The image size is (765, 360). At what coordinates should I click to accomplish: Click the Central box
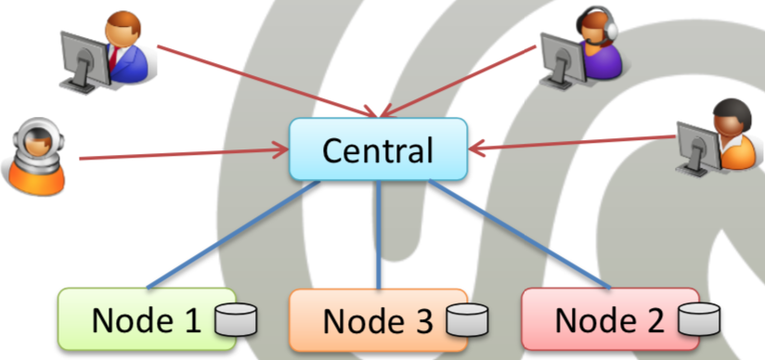379,149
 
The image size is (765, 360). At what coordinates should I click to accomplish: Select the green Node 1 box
147,319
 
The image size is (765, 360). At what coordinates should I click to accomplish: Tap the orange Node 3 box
379,320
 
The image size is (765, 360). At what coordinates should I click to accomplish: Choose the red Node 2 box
610,319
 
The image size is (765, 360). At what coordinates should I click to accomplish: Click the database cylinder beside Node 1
236,319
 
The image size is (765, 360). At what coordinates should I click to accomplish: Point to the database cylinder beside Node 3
467,320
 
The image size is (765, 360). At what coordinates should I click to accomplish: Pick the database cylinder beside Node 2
699,319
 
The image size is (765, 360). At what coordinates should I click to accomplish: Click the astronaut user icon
35,156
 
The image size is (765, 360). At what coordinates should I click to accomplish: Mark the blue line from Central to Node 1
233,235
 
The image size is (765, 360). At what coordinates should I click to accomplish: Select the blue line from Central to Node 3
379,235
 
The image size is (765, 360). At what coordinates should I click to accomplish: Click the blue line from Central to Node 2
520,235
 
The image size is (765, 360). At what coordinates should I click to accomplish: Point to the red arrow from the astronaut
184,154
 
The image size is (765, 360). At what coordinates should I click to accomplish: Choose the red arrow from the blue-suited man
267,82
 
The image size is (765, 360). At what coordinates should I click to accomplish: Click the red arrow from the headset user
458,82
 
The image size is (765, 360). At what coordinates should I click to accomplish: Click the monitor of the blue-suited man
84,61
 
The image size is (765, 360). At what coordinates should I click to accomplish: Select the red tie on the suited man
113,58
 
